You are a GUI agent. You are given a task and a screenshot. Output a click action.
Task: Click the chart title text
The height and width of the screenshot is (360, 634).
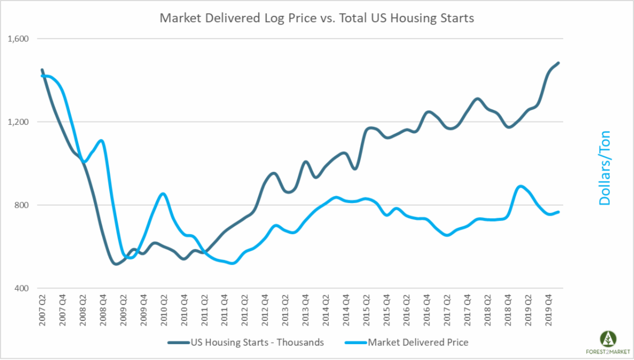317,19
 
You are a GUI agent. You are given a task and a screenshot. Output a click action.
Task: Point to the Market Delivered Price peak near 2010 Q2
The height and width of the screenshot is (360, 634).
163,194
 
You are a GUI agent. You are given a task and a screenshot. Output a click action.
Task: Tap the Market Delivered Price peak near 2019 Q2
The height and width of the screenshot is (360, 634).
521,186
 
